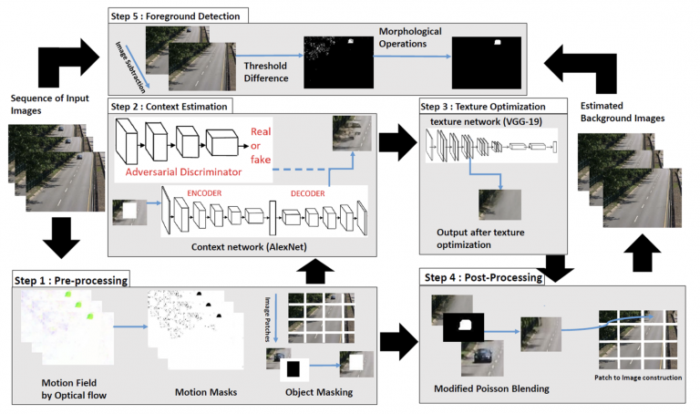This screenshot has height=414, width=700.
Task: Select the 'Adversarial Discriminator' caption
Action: (x=183, y=171)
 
